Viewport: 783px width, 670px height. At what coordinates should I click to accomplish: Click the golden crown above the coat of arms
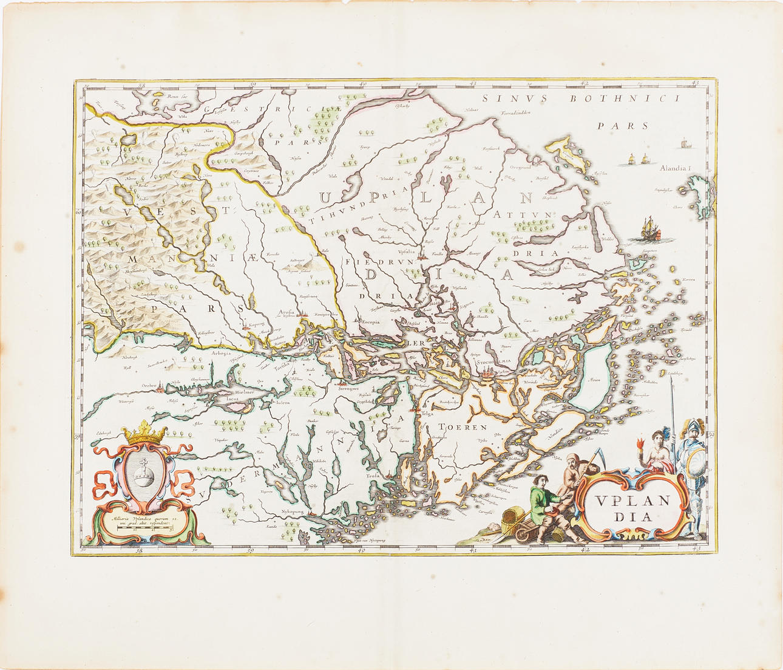(144, 433)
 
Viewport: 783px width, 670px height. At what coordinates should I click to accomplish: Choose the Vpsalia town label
(406, 250)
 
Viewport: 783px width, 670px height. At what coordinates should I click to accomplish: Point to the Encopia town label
(372, 323)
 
